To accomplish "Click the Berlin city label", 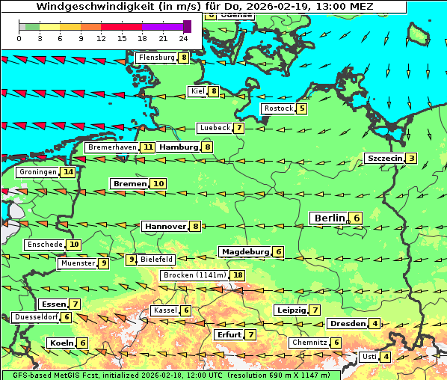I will click(329, 218).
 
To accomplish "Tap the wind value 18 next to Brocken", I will click(238, 275).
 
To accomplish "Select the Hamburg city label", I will click(179, 147).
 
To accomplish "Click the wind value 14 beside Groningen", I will click(69, 172).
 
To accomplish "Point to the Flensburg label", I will click(156, 58).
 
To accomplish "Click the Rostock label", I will click(278, 108).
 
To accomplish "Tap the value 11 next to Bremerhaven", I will click(149, 147).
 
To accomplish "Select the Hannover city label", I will click(165, 226).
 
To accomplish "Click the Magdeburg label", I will click(244, 252).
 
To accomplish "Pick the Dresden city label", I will click(347, 324).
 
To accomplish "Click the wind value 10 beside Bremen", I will click(158, 183).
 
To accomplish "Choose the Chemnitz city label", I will click(309, 343).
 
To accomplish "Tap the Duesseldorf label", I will click(36, 317).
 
